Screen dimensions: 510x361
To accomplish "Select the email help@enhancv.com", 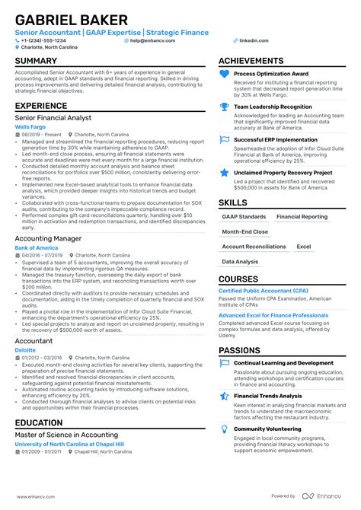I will click(x=154, y=40).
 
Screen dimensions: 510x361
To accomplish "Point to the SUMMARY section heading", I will click(x=36, y=61).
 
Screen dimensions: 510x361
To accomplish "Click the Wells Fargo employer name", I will click(x=27, y=126).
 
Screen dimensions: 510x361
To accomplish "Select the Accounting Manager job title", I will click(x=48, y=238).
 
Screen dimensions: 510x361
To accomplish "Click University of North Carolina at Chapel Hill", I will click(x=69, y=443).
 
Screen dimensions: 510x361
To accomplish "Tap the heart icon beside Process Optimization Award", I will click(x=225, y=74).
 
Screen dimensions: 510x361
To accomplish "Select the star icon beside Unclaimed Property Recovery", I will click(x=225, y=174).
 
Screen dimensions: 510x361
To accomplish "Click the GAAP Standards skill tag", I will click(x=244, y=217).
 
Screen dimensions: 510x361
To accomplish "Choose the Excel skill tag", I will click(x=304, y=247).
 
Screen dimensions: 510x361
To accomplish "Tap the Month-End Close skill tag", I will click(x=245, y=231).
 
